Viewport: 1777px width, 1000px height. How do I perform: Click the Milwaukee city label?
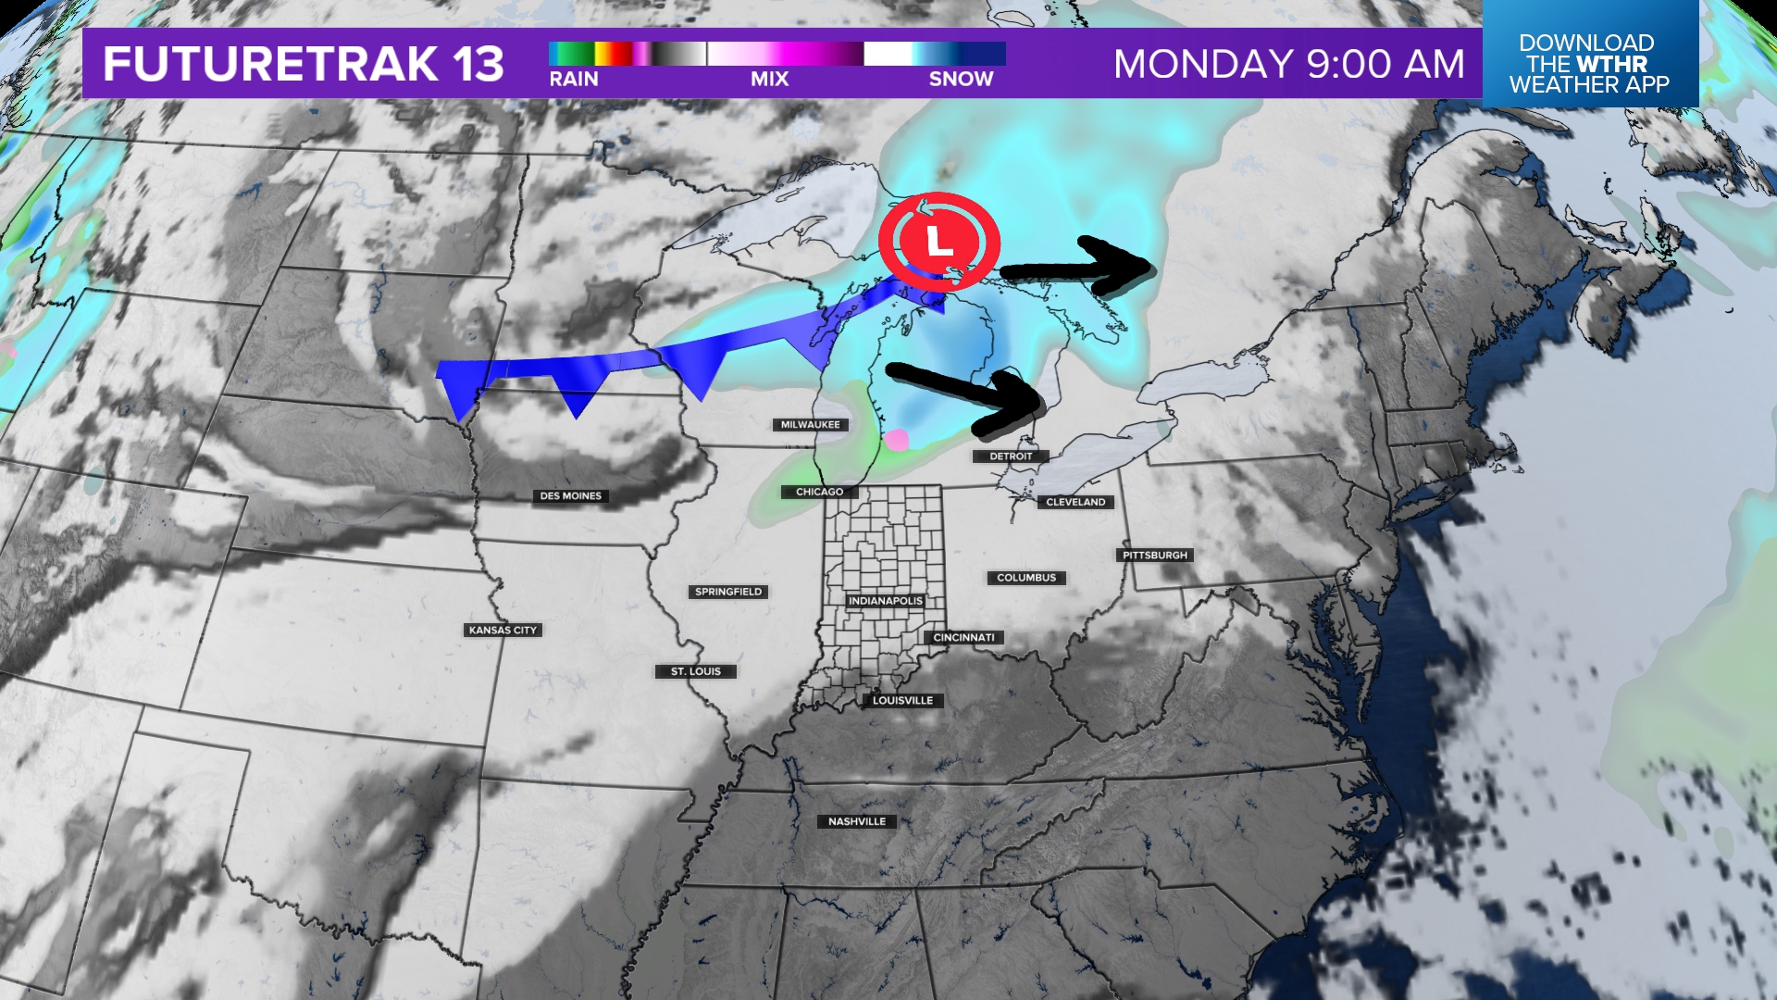click(x=810, y=425)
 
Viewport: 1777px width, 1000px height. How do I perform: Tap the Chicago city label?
click(x=819, y=492)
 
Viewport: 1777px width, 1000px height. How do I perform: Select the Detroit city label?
click(x=1011, y=456)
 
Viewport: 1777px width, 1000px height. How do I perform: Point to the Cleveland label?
click(x=1075, y=502)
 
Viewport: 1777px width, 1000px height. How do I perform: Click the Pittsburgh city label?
click(x=1155, y=556)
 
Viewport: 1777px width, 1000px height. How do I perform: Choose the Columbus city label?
click(x=1026, y=578)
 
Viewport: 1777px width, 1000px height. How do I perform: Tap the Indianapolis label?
click(x=886, y=601)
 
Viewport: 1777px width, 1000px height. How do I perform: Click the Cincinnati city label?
click(x=963, y=638)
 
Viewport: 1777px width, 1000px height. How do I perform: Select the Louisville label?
click(x=902, y=701)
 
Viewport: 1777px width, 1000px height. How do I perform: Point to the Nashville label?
click(x=857, y=822)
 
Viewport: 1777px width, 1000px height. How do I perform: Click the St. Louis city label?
click(x=696, y=672)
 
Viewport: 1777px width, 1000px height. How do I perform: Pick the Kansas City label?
click(x=503, y=631)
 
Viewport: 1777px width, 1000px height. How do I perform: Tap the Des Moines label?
click(x=571, y=496)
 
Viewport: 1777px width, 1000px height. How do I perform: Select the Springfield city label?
click(x=728, y=592)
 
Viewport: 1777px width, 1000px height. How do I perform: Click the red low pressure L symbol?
click(x=939, y=243)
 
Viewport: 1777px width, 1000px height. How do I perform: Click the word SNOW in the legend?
click(x=961, y=80)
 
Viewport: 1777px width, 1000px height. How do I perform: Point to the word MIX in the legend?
click(x=769, y=80)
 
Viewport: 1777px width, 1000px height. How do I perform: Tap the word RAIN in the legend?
click(x=574, y=80)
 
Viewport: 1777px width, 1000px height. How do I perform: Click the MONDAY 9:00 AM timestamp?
click(x=1289, y=65)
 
